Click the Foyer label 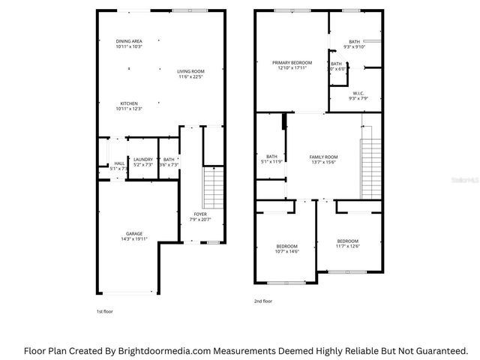[x=199, y=215]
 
